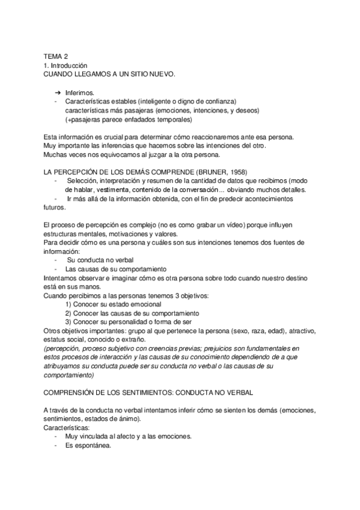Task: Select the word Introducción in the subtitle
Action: pos(70,64)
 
